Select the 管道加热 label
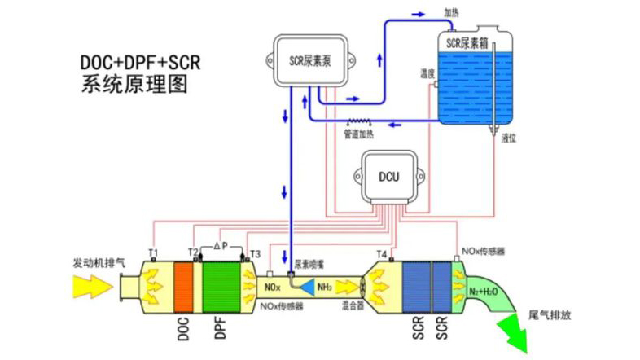click(358, 134)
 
